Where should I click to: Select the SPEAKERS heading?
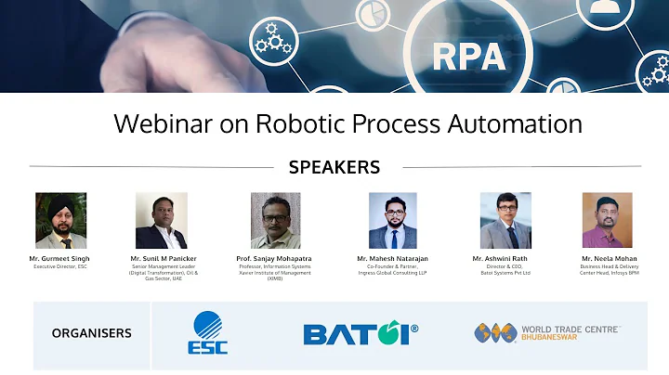coord(334,167)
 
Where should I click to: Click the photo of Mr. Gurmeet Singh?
coord(60,220)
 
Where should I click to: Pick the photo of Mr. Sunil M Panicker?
coord(161,220)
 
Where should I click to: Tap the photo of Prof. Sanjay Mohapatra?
coord(275,220)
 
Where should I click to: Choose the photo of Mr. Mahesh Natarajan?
coord(392,220)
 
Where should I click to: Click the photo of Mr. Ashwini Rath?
coord(505,220)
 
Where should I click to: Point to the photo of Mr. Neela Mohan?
coord(607,220)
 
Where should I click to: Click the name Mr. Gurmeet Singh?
coord(60,257)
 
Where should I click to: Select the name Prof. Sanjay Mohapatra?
coord(275,257)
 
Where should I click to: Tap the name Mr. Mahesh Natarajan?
coord(392,257)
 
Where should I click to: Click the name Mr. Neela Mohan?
coord(607,257)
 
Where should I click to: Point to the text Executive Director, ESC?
coord(60,265)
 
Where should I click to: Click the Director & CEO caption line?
coord(505,265)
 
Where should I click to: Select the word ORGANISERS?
coord(91,332)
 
